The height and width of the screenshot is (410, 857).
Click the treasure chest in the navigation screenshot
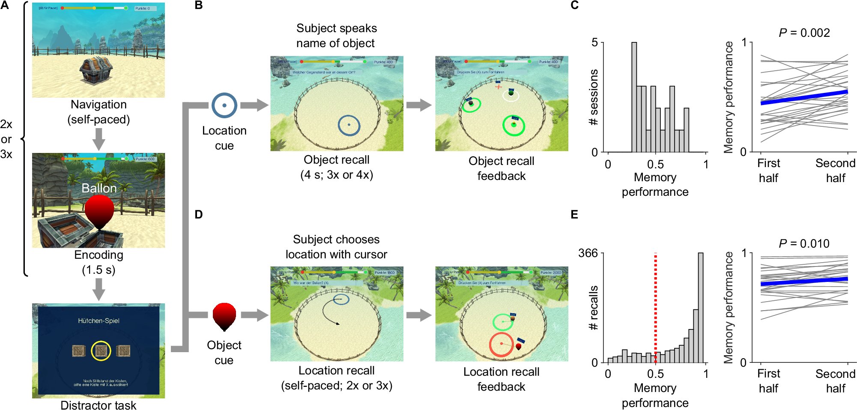click(96, 70)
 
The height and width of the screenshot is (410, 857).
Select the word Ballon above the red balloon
click(99, 188)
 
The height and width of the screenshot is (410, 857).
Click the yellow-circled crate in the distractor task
click(101, 351)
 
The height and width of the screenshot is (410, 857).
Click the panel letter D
click(199, 215)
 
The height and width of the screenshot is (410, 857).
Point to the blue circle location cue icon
click(224, 105)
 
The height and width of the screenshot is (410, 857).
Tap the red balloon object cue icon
click(224, 316)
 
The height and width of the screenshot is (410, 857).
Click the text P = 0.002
click(804, 33)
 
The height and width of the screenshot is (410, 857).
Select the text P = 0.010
click(804, 244)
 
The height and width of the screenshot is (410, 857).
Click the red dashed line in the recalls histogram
click(655, 308)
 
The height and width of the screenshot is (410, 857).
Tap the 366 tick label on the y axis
click(588, 253)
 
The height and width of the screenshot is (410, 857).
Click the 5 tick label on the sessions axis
click(594, 42)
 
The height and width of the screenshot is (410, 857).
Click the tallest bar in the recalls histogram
click(701, 308)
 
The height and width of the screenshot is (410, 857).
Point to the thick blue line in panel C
click(804, 98)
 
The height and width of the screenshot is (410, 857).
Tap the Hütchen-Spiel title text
click(99, 321)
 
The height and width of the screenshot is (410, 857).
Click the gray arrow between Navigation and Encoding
click(99, 139)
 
